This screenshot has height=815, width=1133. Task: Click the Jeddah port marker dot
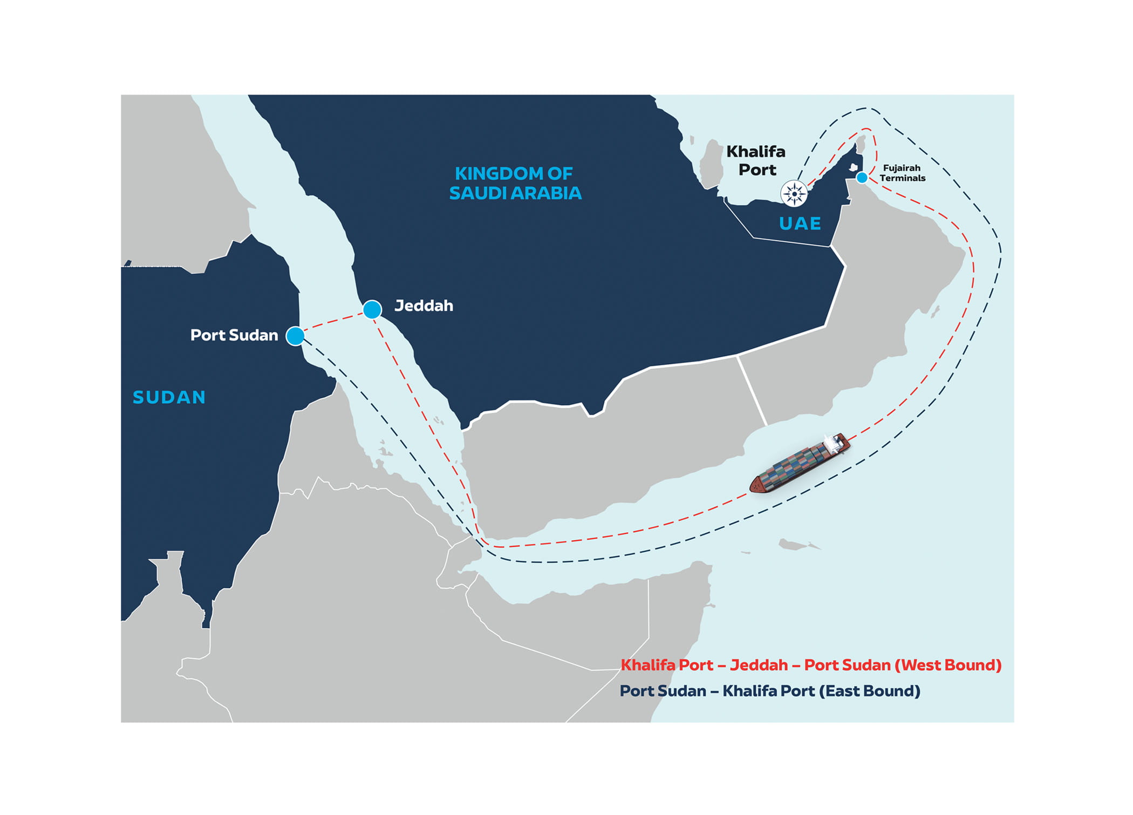click(372, 310)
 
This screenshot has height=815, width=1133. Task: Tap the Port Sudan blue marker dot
click(295, 336)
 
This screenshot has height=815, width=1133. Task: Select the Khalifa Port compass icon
click(794, 193)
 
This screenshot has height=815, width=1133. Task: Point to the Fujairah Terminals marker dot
click(862, 178)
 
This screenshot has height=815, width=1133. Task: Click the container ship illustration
click(800, 464)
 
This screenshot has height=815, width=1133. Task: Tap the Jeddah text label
click(424, 306)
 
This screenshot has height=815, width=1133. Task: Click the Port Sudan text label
click(234, 335)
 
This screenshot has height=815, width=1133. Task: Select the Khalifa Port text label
click(756, 160)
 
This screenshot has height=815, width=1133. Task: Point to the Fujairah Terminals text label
click(902, 173)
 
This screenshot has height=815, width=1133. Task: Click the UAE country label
click(800, 223)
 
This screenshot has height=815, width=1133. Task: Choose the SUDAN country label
click(169, 397)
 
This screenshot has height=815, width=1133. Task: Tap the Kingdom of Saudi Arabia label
click(515, 184)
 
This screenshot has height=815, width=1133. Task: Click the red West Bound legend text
click(811, 665)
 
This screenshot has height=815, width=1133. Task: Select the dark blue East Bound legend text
click(770, 691)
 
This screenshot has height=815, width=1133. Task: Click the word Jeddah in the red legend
click(759, 665)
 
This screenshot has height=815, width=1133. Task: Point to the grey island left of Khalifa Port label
click(712, 162)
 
